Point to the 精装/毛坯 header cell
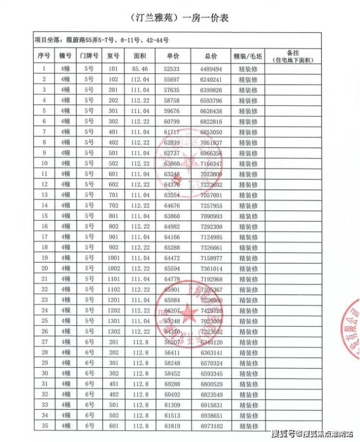(x=248, y=56)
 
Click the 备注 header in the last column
(x=292, y=56)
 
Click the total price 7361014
(x=211, y=269)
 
